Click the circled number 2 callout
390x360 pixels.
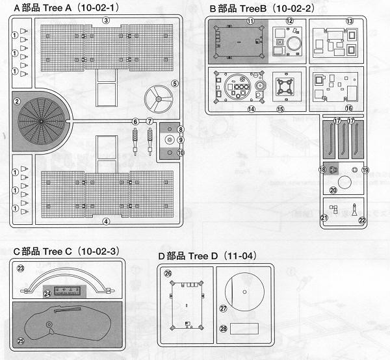coord(18,101)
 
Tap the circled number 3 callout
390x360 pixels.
coord(106,20)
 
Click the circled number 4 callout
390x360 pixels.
coord(106,221)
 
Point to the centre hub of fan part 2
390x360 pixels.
coord(40,121)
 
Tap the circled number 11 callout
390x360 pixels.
coord(250,21)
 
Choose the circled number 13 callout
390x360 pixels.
coord(350,21)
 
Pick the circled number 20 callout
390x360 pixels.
coord(333,190)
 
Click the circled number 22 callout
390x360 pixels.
coord(363,220)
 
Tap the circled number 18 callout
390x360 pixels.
coord(321,170)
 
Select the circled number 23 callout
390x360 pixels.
coord(20,268)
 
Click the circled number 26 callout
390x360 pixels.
coord(169,274)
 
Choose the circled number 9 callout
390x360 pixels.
coord(181,141)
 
